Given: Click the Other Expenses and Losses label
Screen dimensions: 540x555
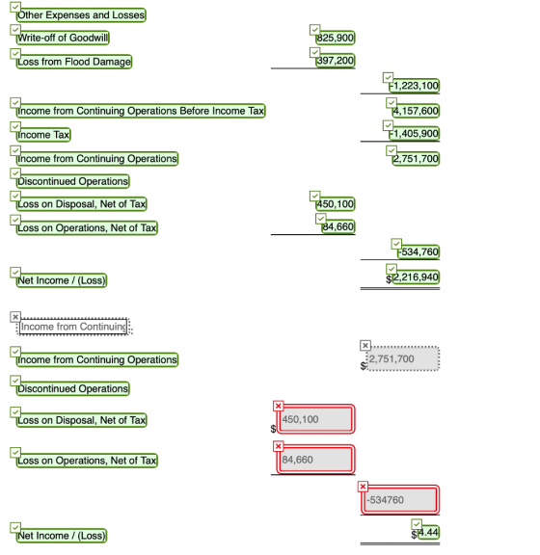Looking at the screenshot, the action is click(81, 14).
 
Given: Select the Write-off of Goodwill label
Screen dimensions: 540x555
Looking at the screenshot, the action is click(63, 38).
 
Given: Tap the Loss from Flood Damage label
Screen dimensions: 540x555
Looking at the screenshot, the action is click(74, 62).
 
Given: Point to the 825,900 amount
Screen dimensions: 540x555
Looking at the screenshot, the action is click(336, 38).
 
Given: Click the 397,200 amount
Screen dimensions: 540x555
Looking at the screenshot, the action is click(336, 61).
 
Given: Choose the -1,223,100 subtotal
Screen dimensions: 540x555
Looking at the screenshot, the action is click(415, 86).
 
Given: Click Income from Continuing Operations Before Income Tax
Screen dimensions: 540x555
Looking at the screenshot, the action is click(141, 111).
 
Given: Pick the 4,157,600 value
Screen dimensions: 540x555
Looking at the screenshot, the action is click(416, 111).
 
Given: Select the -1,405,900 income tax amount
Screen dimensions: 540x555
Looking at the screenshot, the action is click(415, 133).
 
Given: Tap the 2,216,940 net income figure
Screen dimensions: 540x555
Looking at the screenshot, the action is click(416, 277).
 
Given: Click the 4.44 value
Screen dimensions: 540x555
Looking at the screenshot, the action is click(429, 532).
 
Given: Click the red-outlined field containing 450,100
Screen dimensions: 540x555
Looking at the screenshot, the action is click(315, 419).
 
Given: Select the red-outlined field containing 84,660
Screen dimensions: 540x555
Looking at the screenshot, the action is click(315, 460).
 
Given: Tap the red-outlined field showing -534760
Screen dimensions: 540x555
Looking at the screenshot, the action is click(400, 500).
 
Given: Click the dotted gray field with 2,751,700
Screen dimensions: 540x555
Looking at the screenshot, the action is click(403, 358).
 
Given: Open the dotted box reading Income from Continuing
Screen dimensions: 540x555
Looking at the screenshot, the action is click(73, 327).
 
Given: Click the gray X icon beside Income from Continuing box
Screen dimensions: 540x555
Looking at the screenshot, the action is click(15, 317).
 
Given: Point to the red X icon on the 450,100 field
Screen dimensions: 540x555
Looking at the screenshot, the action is click(279, 406).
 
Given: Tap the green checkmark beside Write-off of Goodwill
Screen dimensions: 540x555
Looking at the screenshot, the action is click(15, 30).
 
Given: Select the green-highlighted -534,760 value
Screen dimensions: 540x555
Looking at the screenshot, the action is click(418, 252).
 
